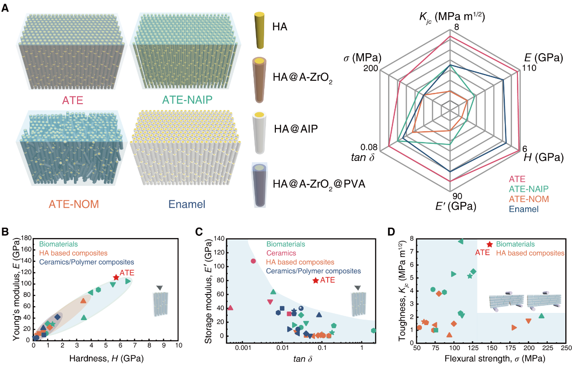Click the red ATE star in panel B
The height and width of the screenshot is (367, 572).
point(116,278)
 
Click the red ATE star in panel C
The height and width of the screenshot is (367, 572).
point(316,280)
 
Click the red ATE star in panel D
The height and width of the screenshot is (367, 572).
point(490,244)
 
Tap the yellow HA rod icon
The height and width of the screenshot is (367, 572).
point(259,30)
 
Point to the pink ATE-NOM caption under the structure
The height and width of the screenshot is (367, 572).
point(71,204)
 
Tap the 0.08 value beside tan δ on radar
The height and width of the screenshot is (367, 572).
point(370,147)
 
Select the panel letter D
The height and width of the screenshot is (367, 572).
point(391,232)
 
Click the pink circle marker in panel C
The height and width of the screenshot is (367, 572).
point(253,261)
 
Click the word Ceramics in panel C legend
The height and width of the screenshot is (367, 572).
point(281,253)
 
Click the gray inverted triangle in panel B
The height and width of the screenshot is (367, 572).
point(159,288)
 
